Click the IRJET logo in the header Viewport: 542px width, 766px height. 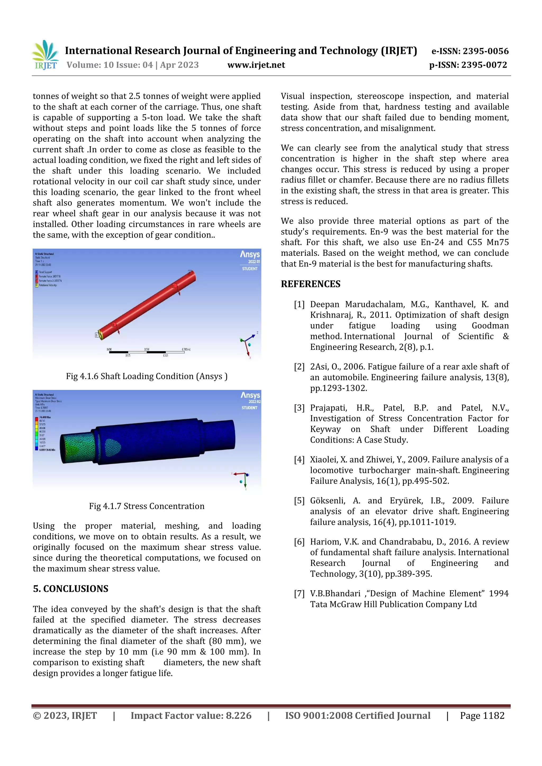(x=46, y=55)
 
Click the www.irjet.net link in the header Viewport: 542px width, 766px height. (x=256, y=65)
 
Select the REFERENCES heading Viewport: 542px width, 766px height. (x=311, y=284)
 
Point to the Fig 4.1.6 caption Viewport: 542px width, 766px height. (x=147, y=376)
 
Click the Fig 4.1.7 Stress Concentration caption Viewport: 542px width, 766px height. (x=147, y=506)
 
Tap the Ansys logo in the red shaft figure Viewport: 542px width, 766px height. (x=250, y=255)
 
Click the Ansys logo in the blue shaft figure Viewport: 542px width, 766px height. (x=250, y=395)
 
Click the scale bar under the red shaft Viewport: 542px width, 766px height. (x=147, y=352)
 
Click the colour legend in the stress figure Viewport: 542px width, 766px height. (x=37, y=433)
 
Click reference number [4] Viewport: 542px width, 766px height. (x=299, y=460)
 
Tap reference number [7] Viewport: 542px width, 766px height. (x=299, y=594)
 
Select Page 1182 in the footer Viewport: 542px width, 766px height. (x=482, y=715)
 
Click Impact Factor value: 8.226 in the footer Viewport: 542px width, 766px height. (x=191, y=715)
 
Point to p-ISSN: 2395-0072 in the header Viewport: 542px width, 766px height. (x=468, y=65)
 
